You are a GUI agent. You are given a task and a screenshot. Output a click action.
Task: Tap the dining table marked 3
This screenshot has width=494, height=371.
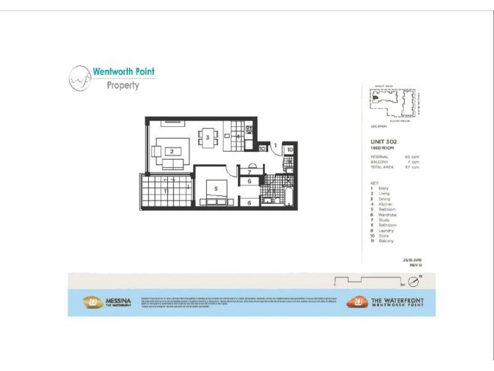208,137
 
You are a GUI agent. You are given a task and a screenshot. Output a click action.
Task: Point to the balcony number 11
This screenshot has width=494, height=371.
165,191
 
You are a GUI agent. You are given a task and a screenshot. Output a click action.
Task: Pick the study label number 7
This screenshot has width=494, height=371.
249,172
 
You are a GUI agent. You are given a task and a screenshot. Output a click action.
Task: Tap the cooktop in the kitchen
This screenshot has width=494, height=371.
249,130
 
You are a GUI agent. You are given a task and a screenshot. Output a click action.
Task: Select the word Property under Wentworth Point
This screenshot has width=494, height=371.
123,85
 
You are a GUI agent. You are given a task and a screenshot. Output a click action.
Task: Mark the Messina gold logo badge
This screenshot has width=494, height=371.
93,302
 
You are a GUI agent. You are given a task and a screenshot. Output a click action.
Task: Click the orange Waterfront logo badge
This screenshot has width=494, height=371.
356,302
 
